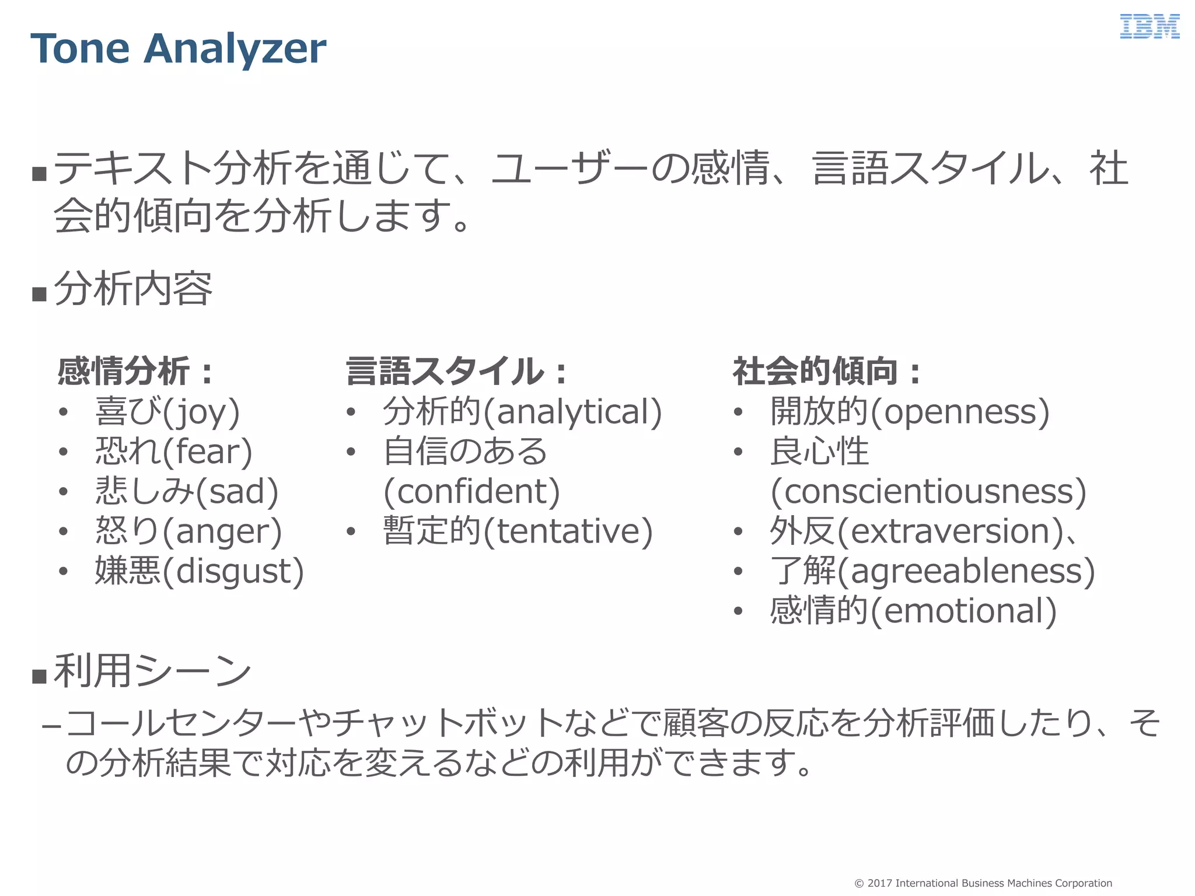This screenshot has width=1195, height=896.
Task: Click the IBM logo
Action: coord(1149,27)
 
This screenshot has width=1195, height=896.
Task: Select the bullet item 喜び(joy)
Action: coord(167,412)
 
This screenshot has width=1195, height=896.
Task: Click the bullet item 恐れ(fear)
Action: coord(174,452)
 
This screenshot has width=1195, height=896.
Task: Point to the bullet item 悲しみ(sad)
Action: coord(187,491)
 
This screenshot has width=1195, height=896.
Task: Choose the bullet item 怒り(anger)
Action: coord(188,531)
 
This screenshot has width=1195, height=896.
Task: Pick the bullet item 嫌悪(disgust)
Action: coord(200,570)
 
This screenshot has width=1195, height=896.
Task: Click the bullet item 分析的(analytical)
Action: coord(522,412)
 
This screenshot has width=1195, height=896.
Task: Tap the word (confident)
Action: coord(471,491)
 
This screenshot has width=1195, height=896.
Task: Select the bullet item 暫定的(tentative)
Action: coord(518,531)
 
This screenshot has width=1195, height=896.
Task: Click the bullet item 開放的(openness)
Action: coord(910,412)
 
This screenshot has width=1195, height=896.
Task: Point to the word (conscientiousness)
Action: coord(928,491)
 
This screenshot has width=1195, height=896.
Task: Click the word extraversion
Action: coord(951,531)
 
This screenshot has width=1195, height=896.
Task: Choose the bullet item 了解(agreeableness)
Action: coord(932,570)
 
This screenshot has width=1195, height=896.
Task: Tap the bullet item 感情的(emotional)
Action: coord(913,611)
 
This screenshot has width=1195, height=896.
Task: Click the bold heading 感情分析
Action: coord(124,371)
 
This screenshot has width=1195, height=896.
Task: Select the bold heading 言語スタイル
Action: coord(445,371)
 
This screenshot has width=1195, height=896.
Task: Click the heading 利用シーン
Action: coord(152,671)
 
